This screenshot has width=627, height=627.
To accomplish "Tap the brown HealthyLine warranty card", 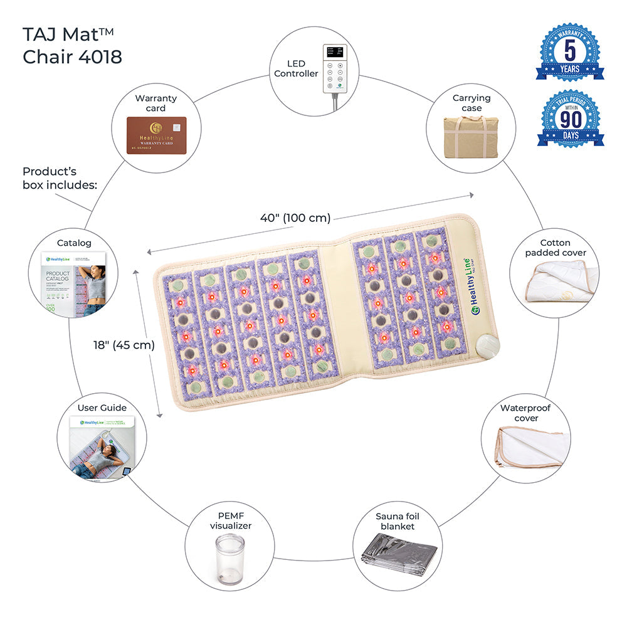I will [157, 135].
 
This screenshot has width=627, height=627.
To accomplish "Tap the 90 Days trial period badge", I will [571, 119].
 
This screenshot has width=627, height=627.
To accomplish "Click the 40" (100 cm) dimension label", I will [295, 218].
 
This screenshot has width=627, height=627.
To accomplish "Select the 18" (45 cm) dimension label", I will [123, 344].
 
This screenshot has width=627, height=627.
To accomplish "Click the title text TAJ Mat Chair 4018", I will [73, 45].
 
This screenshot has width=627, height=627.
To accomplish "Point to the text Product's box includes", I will [60, 178].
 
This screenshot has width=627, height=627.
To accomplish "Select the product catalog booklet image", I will [74, 282].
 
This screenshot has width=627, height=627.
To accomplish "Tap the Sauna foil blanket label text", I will [398, 521].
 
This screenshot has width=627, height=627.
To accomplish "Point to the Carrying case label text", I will [472, 103].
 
